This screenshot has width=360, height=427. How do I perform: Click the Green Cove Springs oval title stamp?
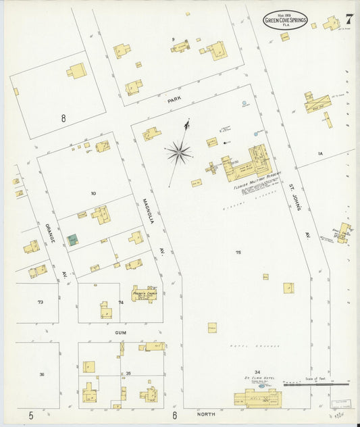tap(285, 20)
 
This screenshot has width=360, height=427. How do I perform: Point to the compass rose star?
tap(179, 152)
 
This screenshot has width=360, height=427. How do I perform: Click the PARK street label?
tap(175, 100)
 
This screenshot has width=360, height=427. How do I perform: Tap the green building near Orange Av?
tap(72, 240)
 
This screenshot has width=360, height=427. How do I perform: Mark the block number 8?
tap(63, 118)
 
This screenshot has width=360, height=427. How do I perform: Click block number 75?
tap(238, 252)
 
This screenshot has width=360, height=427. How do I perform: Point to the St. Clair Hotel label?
tap(256, 379)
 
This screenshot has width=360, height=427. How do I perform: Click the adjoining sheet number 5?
tap(31, 414)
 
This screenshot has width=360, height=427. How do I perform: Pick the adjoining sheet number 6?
tap(174, 415)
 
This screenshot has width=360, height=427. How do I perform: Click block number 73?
tap(41, 302)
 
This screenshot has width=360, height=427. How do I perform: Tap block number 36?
tap(42, 374)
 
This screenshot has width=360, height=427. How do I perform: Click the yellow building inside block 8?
tap(76, 70)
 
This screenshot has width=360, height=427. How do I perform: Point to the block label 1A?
tap(321, 154)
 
